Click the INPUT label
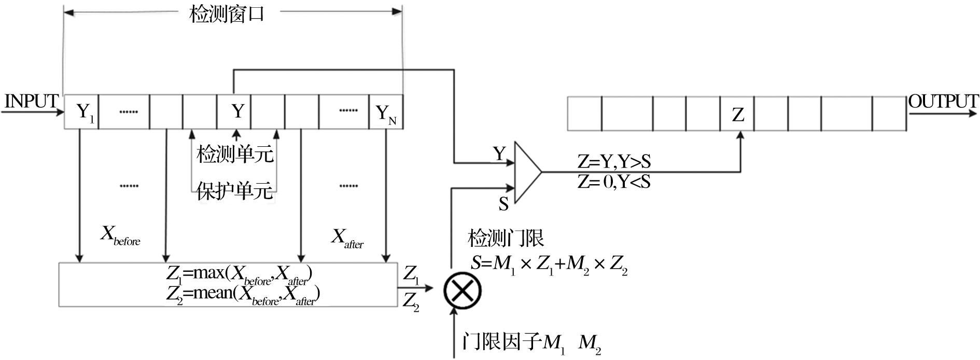coord(31,101)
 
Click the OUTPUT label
coord(943,101)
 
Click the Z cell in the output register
coord(737,114)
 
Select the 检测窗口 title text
coord(227,14)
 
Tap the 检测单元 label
coord(235,154)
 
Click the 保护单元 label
coord(235,191)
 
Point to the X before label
coord(120,237)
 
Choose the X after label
coord(347,238)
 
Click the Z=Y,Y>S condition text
coord(614,162)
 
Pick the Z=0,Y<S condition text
coord(614,182)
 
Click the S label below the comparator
coord(503,204)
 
